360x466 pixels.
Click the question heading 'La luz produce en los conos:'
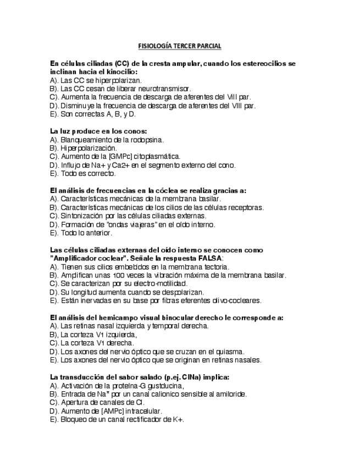pos(98,131)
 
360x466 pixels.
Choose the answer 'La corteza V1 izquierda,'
pos(93,335)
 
